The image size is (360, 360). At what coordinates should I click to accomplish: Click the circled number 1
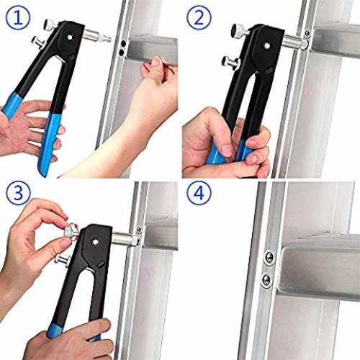[18, 17]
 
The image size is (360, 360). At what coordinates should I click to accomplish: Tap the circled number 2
[199, 17]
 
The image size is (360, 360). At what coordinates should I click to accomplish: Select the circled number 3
[18, 192]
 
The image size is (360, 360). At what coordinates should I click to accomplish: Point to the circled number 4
[199, 192]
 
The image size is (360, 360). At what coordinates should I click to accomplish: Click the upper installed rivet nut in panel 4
[270, 257]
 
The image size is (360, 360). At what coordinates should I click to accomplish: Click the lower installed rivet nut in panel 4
[266, 279]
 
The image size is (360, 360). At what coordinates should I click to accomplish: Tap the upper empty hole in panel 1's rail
[124, 44]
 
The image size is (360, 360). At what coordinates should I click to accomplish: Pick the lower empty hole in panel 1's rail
[122, 53]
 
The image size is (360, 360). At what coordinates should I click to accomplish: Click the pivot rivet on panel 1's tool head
[70, 37]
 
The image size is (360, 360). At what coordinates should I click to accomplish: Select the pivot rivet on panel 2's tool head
[267, 46]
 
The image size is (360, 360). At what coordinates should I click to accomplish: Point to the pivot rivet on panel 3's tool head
[95, 242]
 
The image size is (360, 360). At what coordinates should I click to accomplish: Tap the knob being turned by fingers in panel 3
[71, 232]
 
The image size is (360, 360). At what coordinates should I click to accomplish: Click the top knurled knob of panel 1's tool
[50, 24]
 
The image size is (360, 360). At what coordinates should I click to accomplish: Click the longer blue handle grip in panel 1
[49, 143]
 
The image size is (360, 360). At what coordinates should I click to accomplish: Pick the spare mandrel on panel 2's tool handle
[230, 63]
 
